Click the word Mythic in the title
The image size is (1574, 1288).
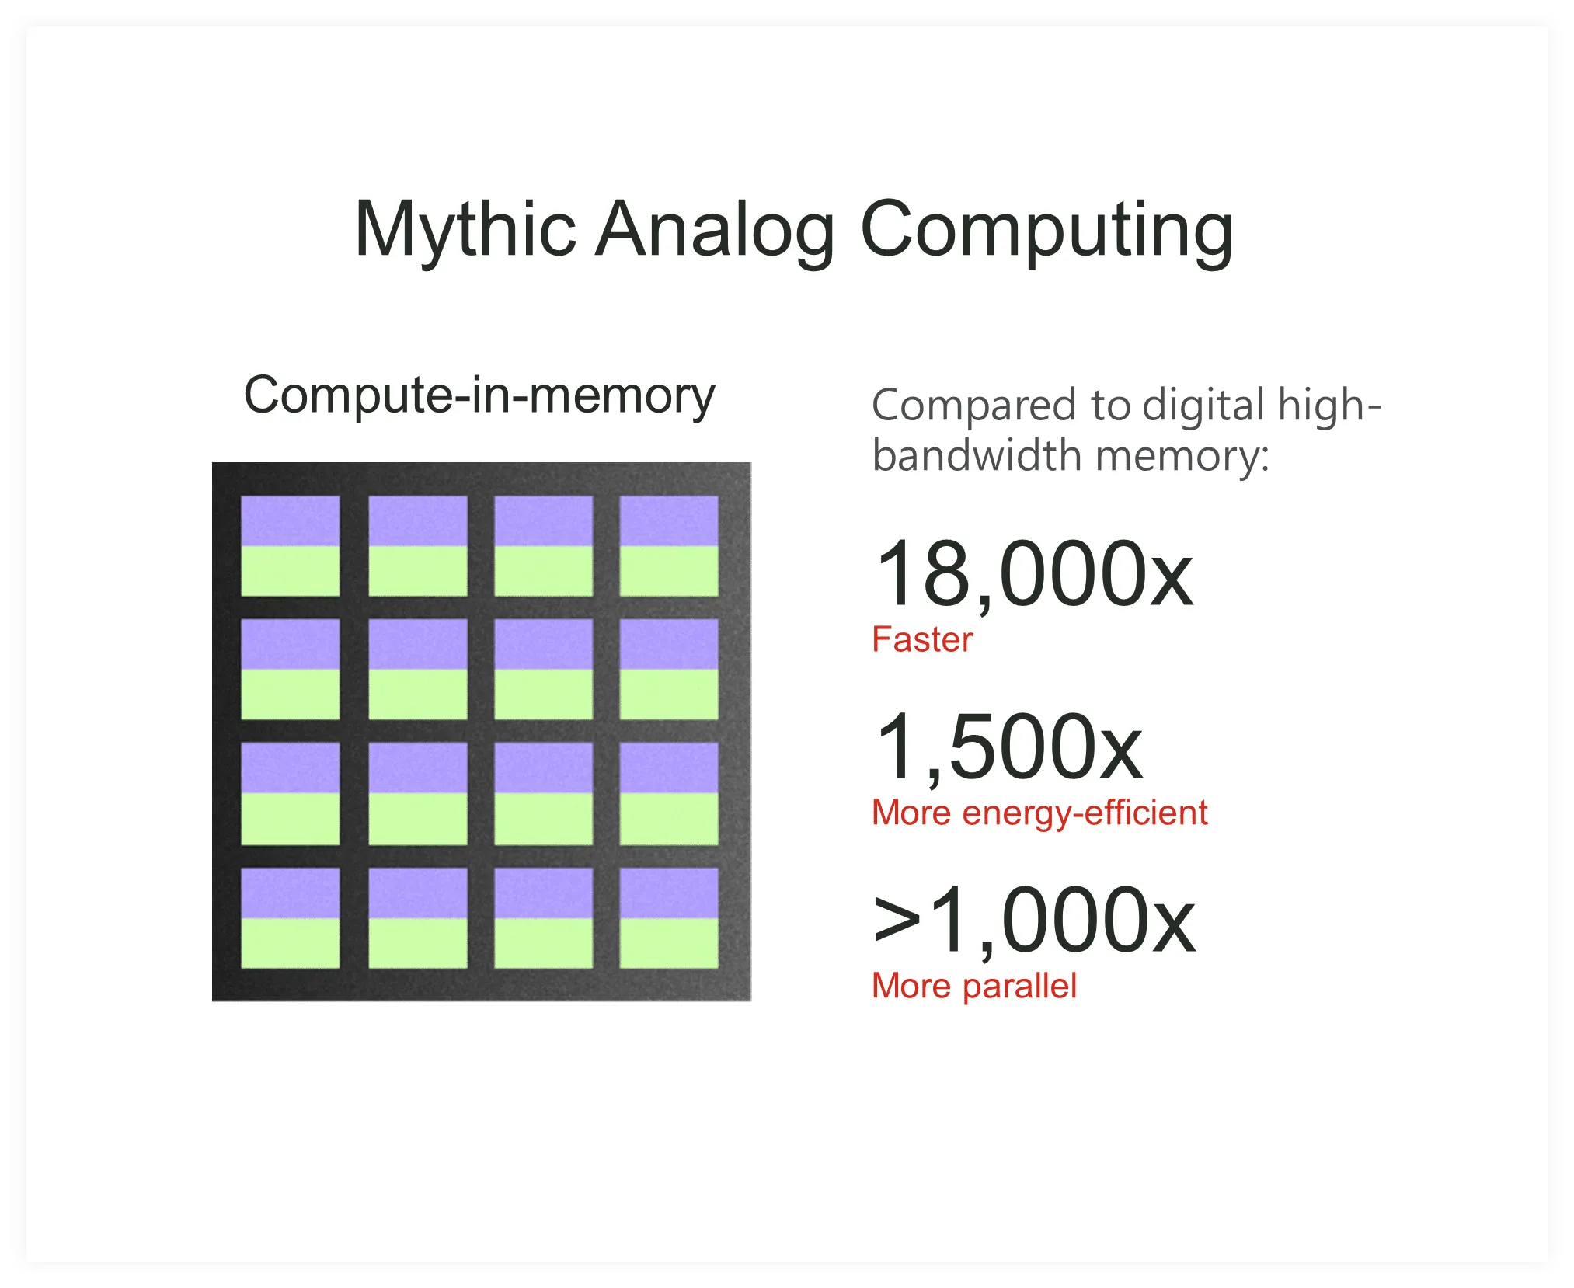pos(465,229)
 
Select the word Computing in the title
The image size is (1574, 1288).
pos(1046,229)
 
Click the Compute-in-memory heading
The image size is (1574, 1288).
pos(479,396)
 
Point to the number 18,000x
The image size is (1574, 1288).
pos(1033,575)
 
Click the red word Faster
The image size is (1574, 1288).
pos(922,640)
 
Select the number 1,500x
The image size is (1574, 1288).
pos(1008,747)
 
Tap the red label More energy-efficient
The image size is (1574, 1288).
pos(1039,813)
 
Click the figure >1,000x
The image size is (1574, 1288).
pos(1033,921)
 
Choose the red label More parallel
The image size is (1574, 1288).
pos(974,987)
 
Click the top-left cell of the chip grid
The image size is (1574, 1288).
pos(291,546)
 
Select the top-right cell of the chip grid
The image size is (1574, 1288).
pos(669,546)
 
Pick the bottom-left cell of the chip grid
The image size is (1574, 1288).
pos(291,918)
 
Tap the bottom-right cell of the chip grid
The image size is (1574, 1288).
pos(669,918)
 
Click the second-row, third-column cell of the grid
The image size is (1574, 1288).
pos(544,670)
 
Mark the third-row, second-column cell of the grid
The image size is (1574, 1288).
pos(418,794)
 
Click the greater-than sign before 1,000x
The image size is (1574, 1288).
pos(897,921)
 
